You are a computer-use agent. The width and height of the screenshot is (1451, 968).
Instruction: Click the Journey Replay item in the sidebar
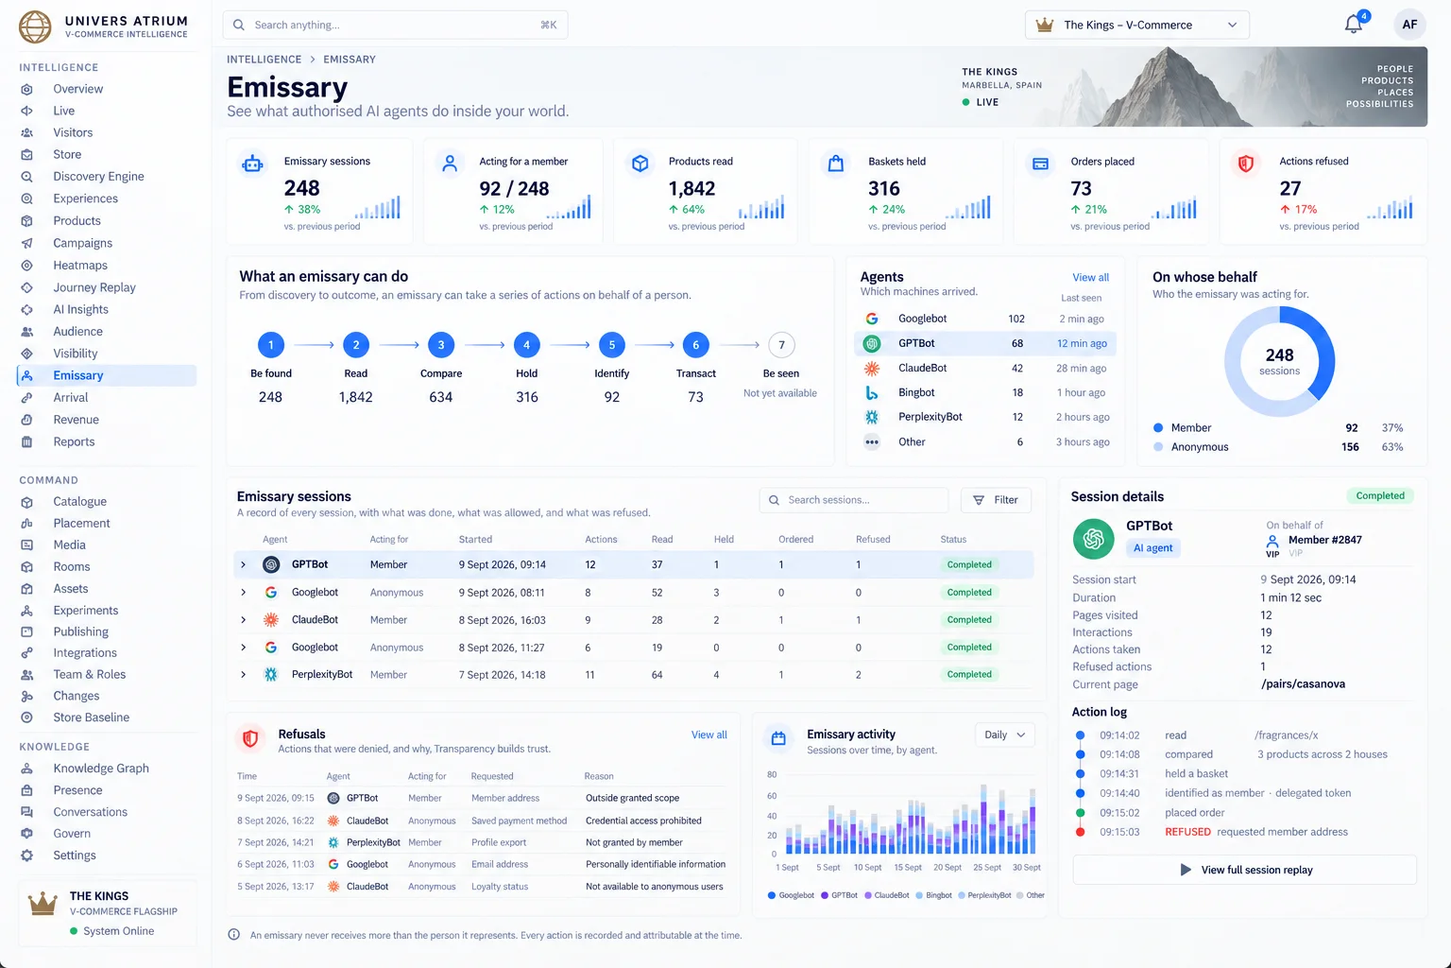click(94, 287)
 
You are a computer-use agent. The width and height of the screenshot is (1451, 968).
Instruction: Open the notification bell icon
click(1353, 25)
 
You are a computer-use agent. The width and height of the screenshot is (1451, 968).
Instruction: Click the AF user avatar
click(1408, 25)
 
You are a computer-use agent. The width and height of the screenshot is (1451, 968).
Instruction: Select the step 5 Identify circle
click(611, 345)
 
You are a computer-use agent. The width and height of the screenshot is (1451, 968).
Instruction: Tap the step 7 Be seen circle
click(781, 345)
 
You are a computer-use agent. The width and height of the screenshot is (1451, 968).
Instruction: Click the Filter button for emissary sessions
click(996, 500)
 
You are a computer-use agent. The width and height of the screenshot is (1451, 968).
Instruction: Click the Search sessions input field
click(853, 500)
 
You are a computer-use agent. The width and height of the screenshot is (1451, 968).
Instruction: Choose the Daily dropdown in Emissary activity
click(1004, 735)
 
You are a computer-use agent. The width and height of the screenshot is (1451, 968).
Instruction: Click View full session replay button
click(1244, 870)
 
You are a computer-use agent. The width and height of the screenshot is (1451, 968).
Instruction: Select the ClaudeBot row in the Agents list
click(985, 369)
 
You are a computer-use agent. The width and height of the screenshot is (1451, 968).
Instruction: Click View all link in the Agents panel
click(1090, 278)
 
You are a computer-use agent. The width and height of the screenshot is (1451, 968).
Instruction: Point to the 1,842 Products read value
click(691, 189)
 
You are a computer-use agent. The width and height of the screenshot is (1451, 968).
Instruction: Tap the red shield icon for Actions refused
click(1245, 164)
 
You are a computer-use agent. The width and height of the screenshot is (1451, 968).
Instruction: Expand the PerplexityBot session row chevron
click(243, 674)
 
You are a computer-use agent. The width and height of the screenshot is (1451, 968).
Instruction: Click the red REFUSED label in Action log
click(1187, 832)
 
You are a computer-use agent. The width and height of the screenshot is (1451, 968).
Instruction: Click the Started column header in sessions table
click(475, 540)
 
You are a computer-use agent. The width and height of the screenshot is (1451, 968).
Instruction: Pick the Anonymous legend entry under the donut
click(1199, 447)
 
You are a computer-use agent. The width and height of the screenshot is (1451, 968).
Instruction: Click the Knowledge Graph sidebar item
click(100, 769)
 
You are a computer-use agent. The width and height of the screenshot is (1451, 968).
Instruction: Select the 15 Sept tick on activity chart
click(908, 868)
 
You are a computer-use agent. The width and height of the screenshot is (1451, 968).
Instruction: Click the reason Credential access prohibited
click(643, 821)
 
